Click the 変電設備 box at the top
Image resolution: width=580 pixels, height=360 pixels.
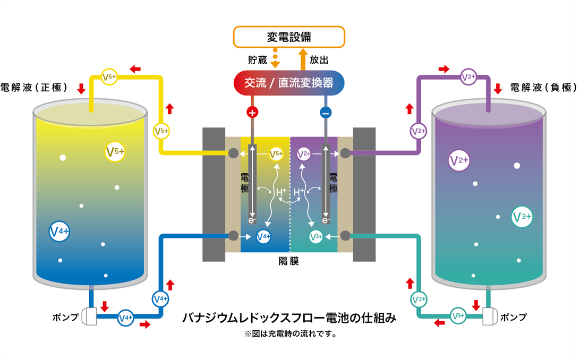[x=289, y=37]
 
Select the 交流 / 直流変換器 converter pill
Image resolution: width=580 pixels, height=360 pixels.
[x=289, y=83]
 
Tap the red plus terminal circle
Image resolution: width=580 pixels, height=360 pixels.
[x=252, y=113]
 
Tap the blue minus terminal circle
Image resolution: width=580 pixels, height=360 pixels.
[x=326, y=113]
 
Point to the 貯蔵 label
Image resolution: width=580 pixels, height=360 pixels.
[x=257, y=59]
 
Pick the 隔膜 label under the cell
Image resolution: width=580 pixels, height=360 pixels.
[x=289, y=261]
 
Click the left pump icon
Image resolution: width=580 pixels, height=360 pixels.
[x=89, y=318]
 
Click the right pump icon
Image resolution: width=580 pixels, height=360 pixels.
[x=490, y=318]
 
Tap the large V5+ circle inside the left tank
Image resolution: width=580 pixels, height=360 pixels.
[x=115, y=152]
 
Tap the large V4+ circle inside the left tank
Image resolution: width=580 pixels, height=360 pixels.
[x=59, y=232]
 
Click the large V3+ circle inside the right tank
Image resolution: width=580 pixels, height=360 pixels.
[x=522, y=217]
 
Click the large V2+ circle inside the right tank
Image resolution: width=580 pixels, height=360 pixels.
[x=459, y=160]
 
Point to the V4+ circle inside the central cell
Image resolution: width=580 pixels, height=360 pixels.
[x=263, y=236]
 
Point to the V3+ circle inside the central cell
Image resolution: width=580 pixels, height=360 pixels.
[x=315, y=236]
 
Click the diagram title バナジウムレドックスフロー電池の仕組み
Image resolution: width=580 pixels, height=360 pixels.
[x=289, y=318]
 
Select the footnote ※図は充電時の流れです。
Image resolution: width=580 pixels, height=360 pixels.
[x=289, y=335]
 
